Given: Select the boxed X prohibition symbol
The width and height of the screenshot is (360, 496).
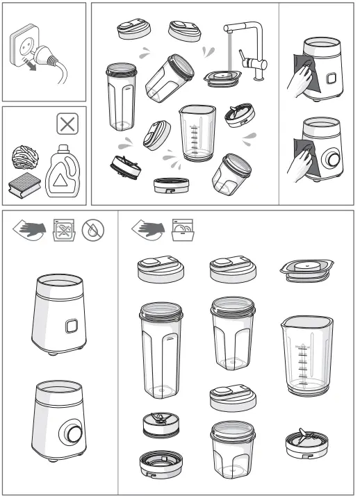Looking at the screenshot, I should coord(67,126).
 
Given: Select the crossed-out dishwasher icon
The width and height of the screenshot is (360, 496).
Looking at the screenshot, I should coord(64,229).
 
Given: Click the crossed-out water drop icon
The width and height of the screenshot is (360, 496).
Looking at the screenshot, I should coord(92,229).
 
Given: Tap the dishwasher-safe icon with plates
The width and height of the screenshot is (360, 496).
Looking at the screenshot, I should coord(183,229).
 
